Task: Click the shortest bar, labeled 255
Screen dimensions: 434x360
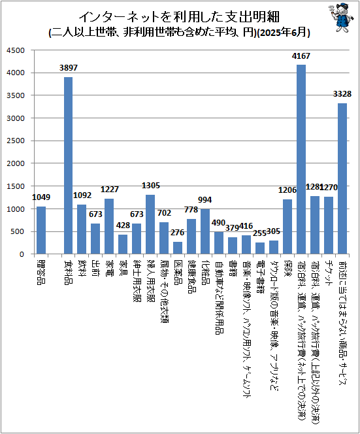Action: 260,248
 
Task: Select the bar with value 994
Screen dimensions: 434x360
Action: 205,231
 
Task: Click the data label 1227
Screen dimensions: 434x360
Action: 109,190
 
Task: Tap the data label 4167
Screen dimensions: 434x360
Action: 301,56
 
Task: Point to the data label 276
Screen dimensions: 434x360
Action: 177,233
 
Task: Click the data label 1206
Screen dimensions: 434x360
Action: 287,190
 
